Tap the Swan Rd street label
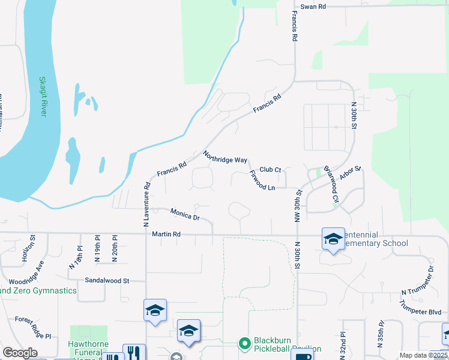tap(313, 6)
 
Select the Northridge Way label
tap(225, 157)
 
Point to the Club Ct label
tap(270, 170)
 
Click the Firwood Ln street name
tap(262, 180)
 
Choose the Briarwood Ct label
tap(331, 184)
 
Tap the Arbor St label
tap(350, 173)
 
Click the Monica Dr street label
tap(184, 214)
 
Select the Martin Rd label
tap(166, 233)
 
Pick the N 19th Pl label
tap(97, 253)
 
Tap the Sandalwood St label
tap(107, 280)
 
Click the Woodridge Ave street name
tap(26, 272)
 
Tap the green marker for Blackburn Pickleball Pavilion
tap(244, 344)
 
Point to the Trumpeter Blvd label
tap(420, 312)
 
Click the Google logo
tap(20, 353)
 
